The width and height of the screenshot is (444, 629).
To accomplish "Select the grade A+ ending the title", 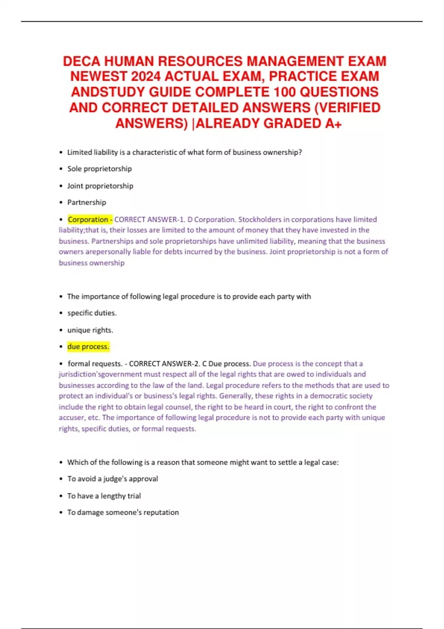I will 333,124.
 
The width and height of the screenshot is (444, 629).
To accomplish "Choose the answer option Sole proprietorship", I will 99,169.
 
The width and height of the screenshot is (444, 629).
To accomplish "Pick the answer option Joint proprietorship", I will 100,186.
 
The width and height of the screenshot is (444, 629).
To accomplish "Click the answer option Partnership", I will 87,202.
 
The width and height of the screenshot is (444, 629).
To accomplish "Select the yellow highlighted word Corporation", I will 88,219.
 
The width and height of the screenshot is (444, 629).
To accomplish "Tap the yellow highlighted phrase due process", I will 88,347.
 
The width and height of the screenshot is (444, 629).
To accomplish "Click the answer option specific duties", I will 92,313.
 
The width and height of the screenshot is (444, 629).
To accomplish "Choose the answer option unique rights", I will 90,330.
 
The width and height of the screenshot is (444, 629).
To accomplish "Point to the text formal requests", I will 95,364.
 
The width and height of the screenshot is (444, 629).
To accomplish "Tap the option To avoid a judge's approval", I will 112,479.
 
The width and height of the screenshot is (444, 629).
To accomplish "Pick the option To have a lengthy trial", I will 104,496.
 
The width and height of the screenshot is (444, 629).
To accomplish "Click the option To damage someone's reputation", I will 123,512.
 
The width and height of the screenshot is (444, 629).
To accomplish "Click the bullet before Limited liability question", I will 61,152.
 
